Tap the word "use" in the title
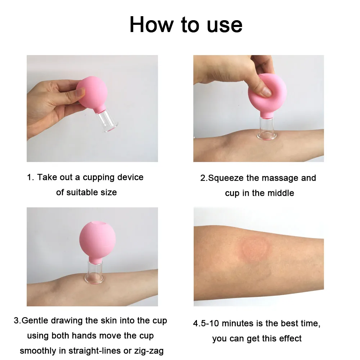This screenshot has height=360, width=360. point(222,24)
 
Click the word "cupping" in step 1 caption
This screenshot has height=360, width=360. point(99,177)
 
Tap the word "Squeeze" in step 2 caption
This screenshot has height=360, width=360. point(227,178)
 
